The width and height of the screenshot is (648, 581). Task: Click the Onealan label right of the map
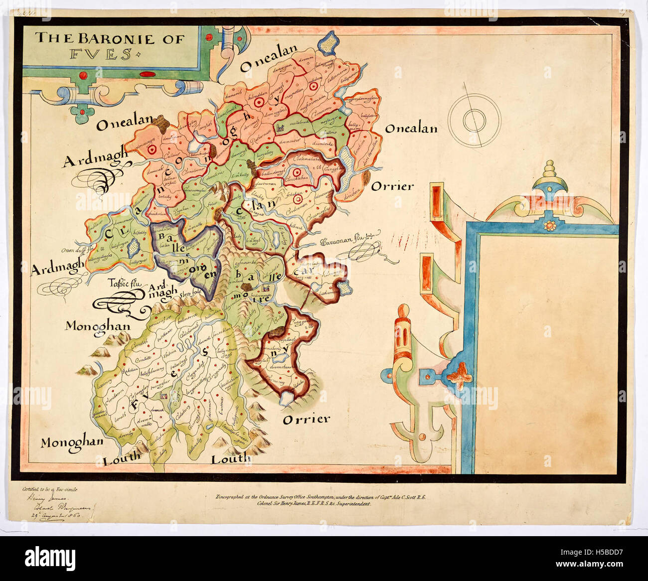(411, 129)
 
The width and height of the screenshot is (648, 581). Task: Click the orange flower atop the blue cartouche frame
(550, 226)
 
